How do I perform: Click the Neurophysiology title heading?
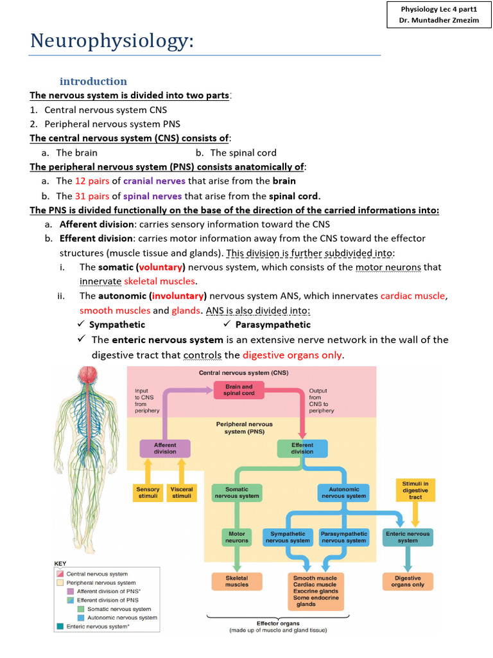[x=112, y=42]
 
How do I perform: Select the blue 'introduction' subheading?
[x=93, y=81]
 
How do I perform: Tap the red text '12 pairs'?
[x=92, y=181]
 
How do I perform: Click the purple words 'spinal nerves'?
[x=152, y=196]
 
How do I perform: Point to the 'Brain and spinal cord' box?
[x=239, y=390]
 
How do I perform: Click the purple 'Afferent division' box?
[x=165, y=448]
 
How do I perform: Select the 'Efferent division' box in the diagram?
[x=302, y=448]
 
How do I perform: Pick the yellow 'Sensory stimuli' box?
[x=148, y=493]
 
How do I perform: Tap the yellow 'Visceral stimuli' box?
[x=182, y=493]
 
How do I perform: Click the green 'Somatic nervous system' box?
[x=237, y=493]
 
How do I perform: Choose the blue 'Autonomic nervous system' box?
[x=343, y=493]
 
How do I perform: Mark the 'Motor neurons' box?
[x=236, y=537]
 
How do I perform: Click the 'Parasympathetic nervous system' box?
[x=343, y=537]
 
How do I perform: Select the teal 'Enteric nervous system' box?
[x=408, y=537]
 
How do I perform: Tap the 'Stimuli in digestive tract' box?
[x=415, y=490]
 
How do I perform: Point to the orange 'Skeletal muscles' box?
[x=237, y=582]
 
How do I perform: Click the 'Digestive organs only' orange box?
[x=408, y=582]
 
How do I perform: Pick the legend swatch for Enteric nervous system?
[x=60, y=626]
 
